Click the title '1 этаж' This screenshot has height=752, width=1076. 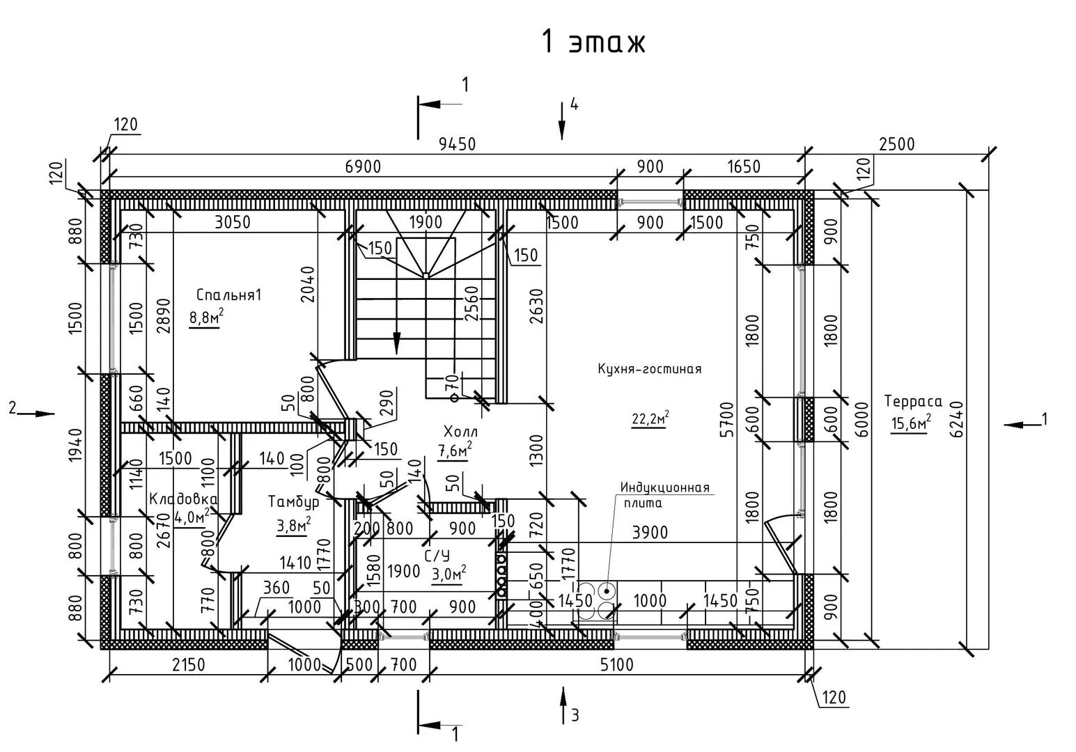tap(593, 42)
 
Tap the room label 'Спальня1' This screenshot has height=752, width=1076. tap(228, 295)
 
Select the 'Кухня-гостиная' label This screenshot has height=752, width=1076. tap(649, 369)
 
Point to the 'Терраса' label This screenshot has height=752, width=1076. tap(913, 401)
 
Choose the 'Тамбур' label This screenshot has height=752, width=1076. tap(294, 501)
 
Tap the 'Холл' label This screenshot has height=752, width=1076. tap(460, 432)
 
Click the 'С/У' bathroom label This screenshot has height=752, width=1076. tap(437, 556)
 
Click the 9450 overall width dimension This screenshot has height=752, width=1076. tap(457, 144)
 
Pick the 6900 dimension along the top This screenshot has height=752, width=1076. tap(364, 167)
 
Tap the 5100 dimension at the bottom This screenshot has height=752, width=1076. tap(617, 665)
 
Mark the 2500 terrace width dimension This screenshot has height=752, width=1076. tap(896, 144)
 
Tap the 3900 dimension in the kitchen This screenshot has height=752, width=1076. tap(649, 533)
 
